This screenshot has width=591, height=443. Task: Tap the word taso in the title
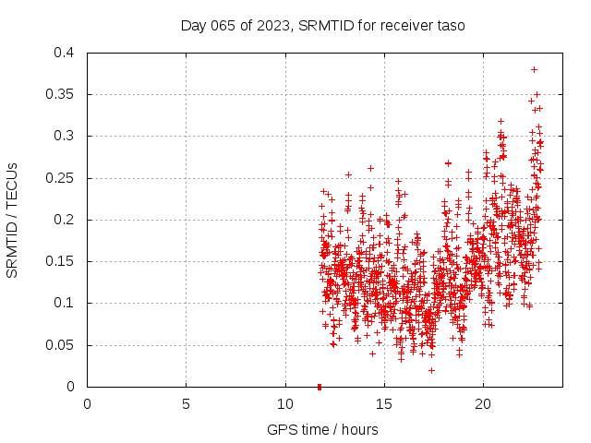[x=450, y=26]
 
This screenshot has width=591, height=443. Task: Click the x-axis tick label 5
[x=186, y=404]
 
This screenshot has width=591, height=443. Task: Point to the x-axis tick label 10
[x=284, y=404]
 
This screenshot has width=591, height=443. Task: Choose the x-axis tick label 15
[x=383, y=404]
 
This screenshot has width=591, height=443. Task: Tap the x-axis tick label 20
[x=482, y=404]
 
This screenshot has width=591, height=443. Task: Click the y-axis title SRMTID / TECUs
[x=13, y=220]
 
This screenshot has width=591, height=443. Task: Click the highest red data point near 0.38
[x=534, y=69]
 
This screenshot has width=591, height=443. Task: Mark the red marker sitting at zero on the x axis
[x=320, y=386]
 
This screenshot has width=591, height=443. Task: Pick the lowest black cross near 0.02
[x=431, y=370]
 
